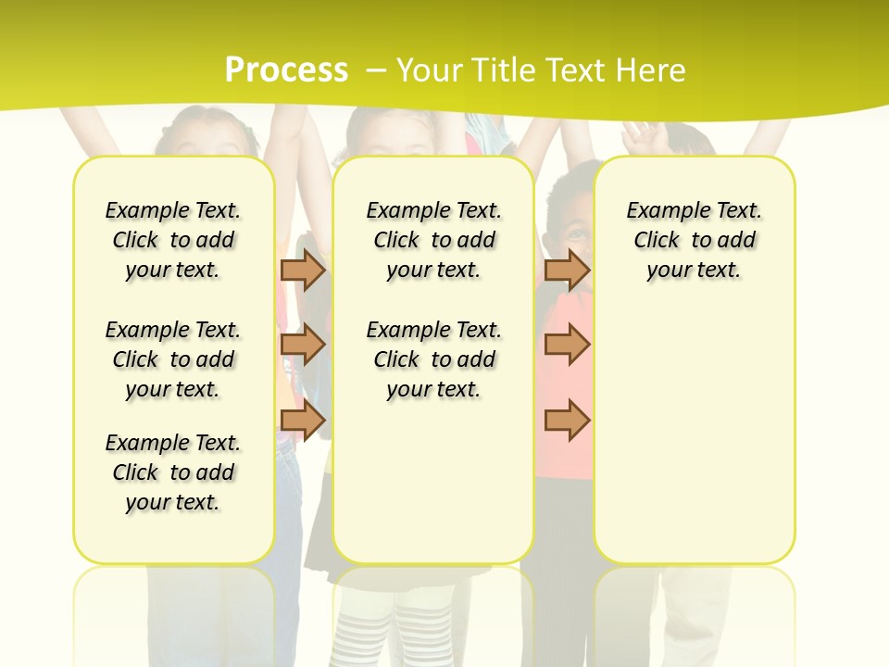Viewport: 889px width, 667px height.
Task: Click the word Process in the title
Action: [x=286, y=69]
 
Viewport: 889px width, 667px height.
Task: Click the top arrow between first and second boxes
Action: [x=303, y=270]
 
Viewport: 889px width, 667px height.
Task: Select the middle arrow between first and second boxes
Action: [x=303, y=345]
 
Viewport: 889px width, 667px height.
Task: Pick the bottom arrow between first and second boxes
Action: [x=303, y=420]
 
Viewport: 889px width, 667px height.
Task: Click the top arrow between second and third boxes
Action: [x=567, y=270]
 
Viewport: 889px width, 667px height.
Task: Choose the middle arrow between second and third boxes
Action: [x=567, y=345]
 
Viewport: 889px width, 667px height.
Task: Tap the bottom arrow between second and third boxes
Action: [x=567, y=420]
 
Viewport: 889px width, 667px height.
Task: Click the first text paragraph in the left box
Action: [x=173, y=240]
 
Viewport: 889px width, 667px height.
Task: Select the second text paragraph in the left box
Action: [x=173, y=359]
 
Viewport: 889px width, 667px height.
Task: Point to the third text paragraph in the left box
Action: [x=173, y=472]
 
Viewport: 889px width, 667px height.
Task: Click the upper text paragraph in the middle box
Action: [x=434, y=240]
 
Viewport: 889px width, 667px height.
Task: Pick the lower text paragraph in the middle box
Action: [x=434, y=359]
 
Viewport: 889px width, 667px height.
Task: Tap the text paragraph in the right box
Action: [x=695, y=240]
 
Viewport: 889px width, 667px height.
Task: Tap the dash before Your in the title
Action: [x=376, y=69]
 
